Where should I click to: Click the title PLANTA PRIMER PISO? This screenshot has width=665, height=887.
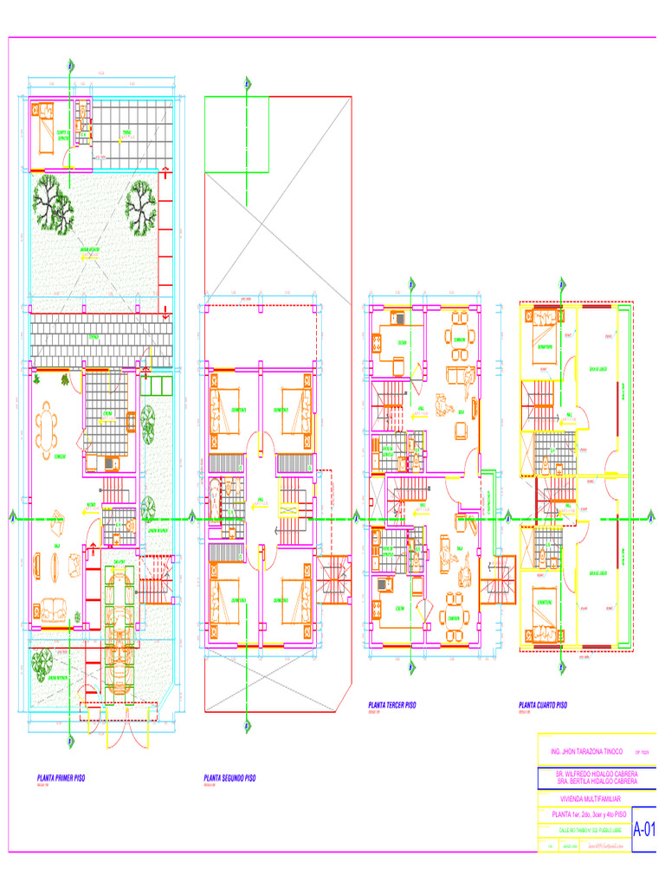coord(61,778)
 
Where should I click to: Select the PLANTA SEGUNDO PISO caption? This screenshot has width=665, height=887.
coord(229,778)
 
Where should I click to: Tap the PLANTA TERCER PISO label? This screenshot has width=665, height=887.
coord(392,706)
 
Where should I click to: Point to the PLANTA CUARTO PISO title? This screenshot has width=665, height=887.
coord(543,706)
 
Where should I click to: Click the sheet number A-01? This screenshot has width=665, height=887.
coord(643,829)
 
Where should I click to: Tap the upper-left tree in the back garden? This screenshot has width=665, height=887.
coord(52,202)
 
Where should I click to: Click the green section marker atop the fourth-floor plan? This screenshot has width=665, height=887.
coord(563,282)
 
